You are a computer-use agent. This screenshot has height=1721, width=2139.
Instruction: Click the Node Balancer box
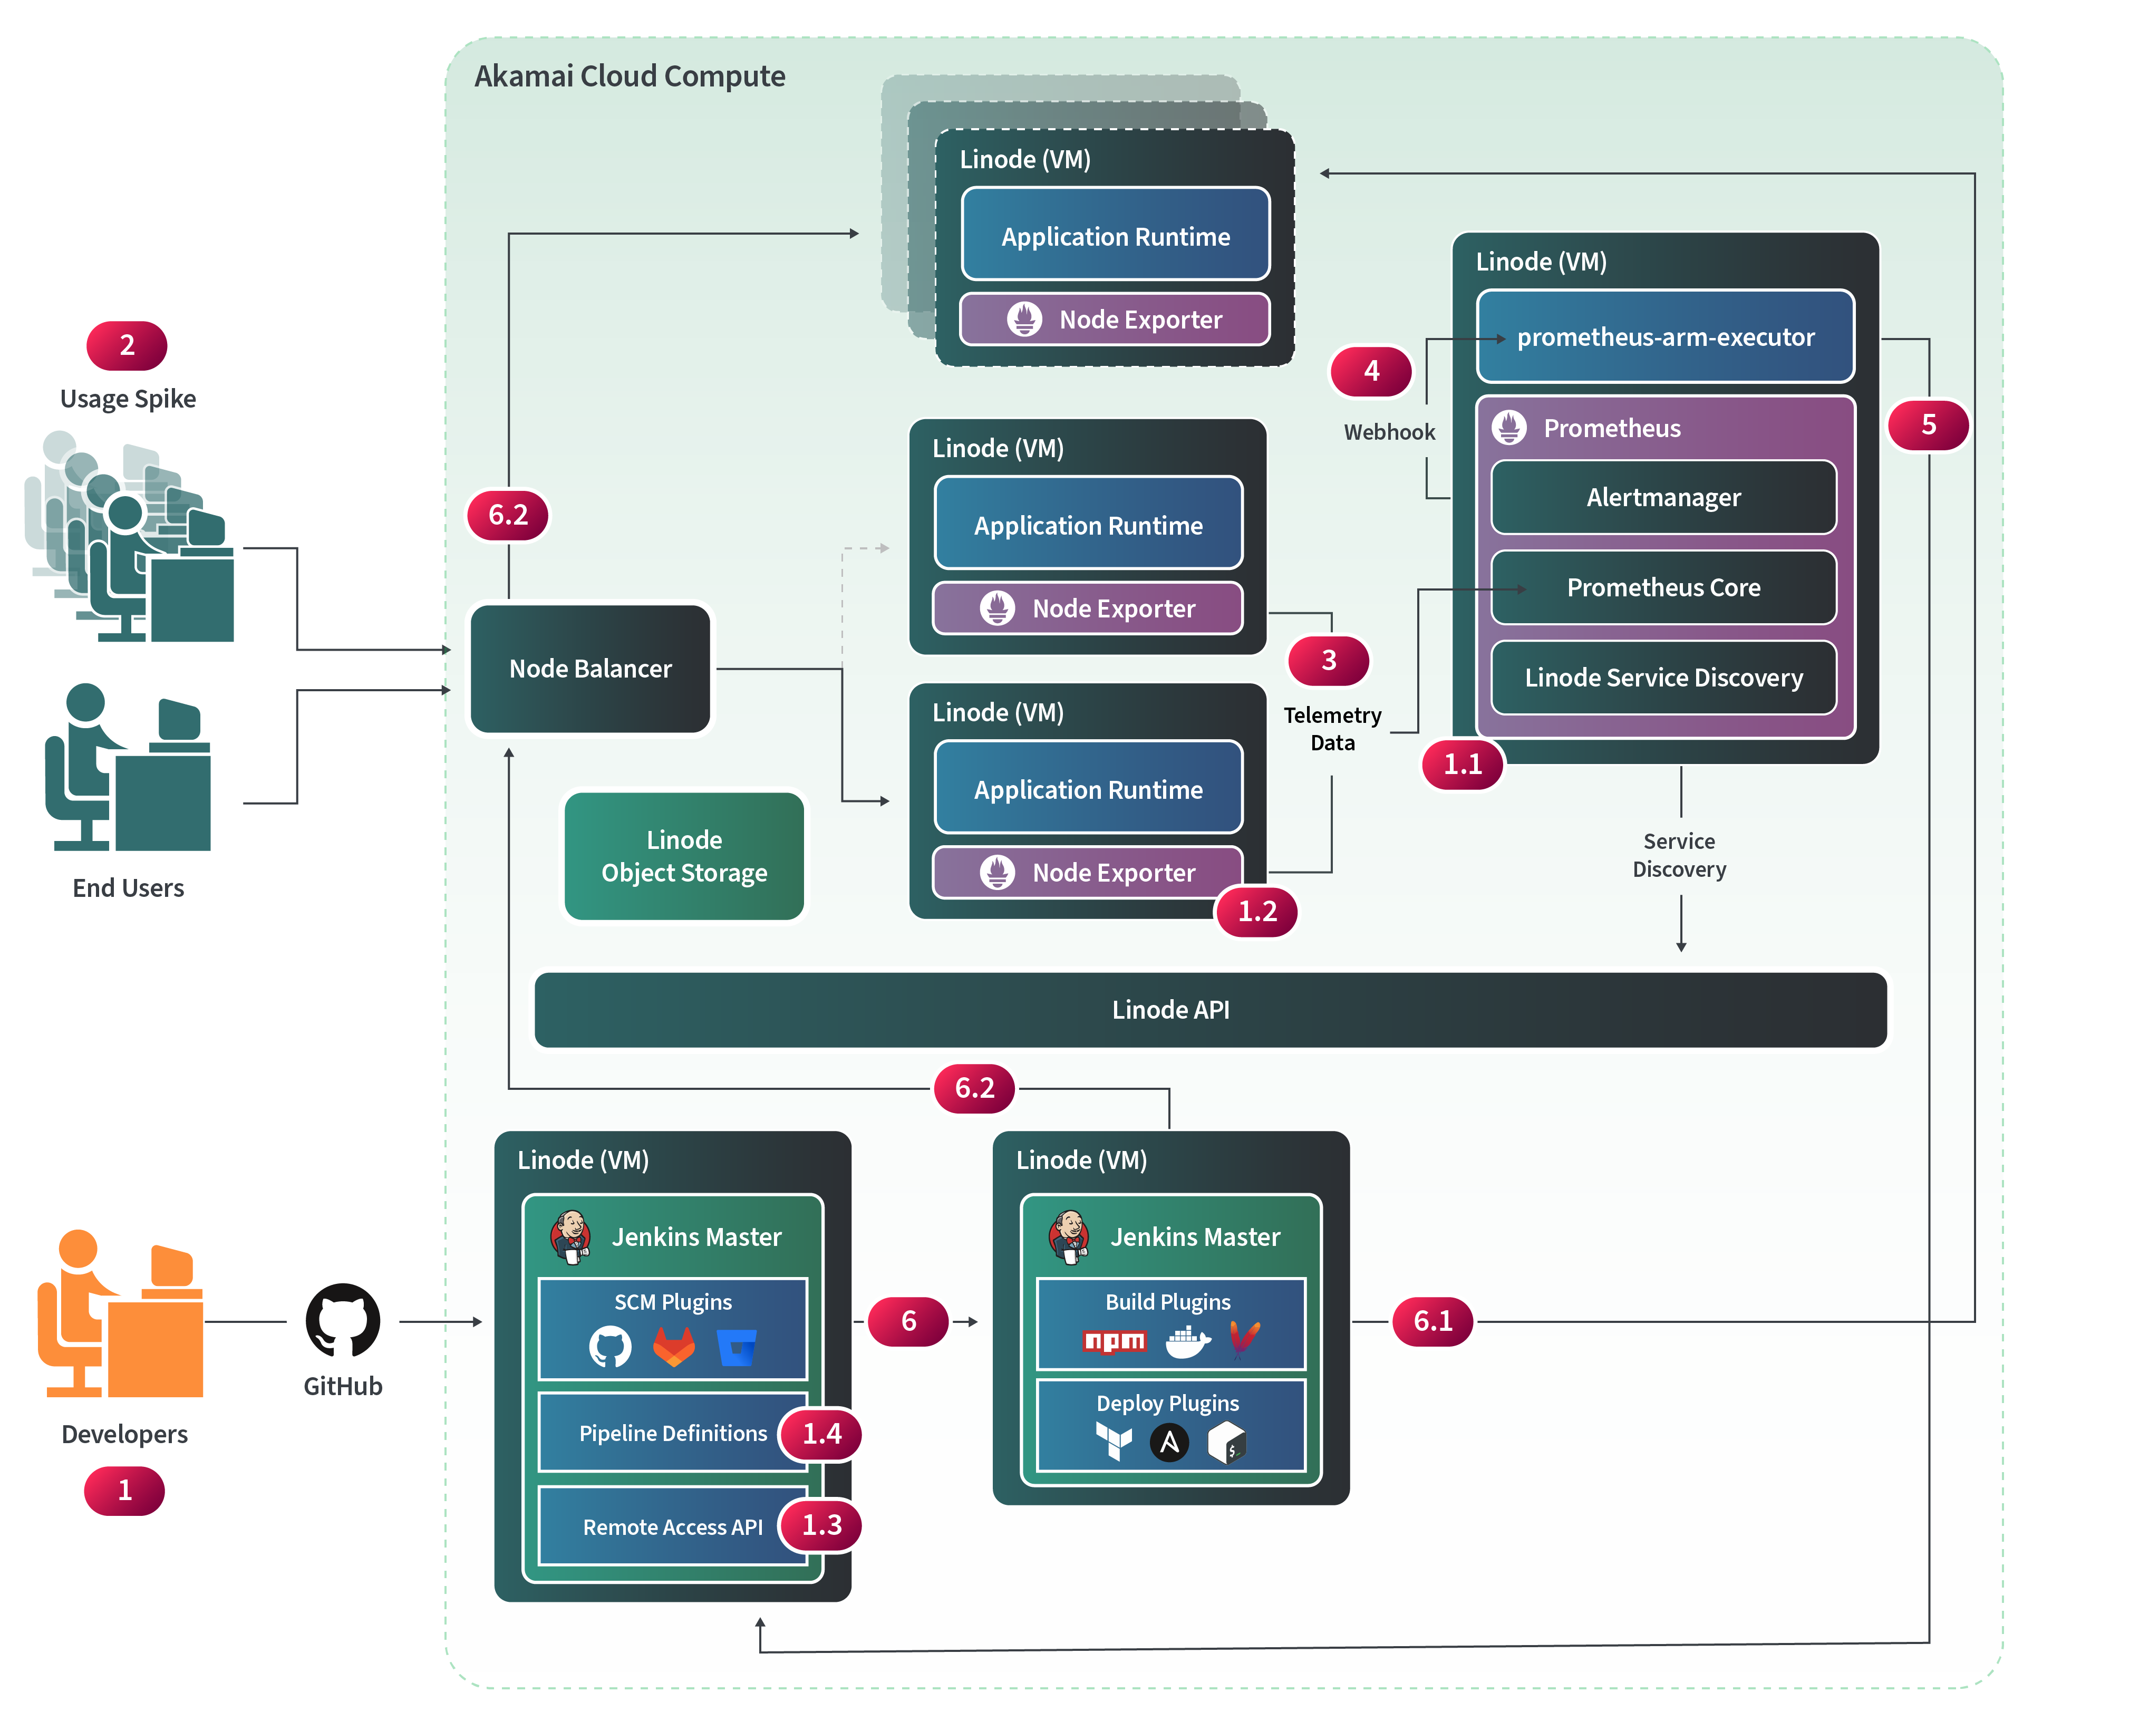tap(591, 669)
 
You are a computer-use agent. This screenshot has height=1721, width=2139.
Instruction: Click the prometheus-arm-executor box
tap(1665, 337)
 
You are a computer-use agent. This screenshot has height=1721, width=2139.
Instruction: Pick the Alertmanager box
tap(1664, 497)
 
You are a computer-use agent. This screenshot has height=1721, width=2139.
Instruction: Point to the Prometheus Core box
tap(1664, 587)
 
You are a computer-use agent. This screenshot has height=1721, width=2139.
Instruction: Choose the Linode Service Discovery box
tap(1664, 678)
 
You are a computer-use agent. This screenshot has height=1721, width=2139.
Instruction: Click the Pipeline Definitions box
tap(673, 1433)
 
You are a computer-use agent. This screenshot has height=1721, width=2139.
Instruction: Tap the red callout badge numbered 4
tap(1371, 371)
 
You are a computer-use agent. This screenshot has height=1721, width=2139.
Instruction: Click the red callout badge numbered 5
tap(1928, 424)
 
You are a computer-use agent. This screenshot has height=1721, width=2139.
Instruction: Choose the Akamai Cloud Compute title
tap(630, 76)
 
